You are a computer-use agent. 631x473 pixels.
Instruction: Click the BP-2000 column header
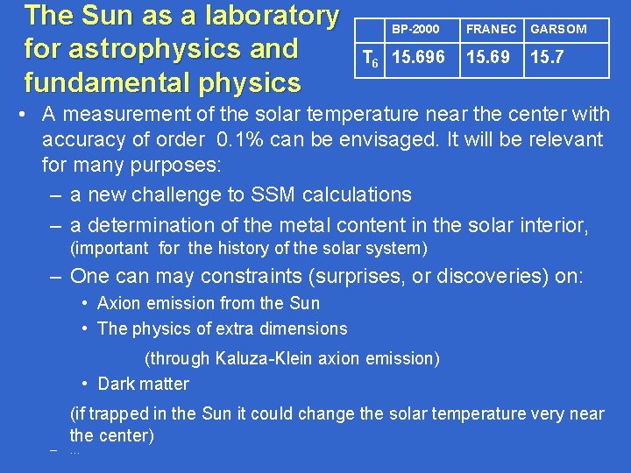[415, 29]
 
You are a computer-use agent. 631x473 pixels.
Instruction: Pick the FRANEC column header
[491, 29]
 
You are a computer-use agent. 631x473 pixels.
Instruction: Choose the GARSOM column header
[559, 29]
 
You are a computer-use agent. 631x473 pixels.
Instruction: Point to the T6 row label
[371, 60]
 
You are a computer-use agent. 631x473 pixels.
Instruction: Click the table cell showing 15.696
[418, 59]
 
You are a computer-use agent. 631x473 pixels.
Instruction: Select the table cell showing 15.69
[488, 59]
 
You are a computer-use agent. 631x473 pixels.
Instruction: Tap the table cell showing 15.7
[548, 59]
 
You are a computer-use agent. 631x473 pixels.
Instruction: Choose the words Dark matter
[143, 384]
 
